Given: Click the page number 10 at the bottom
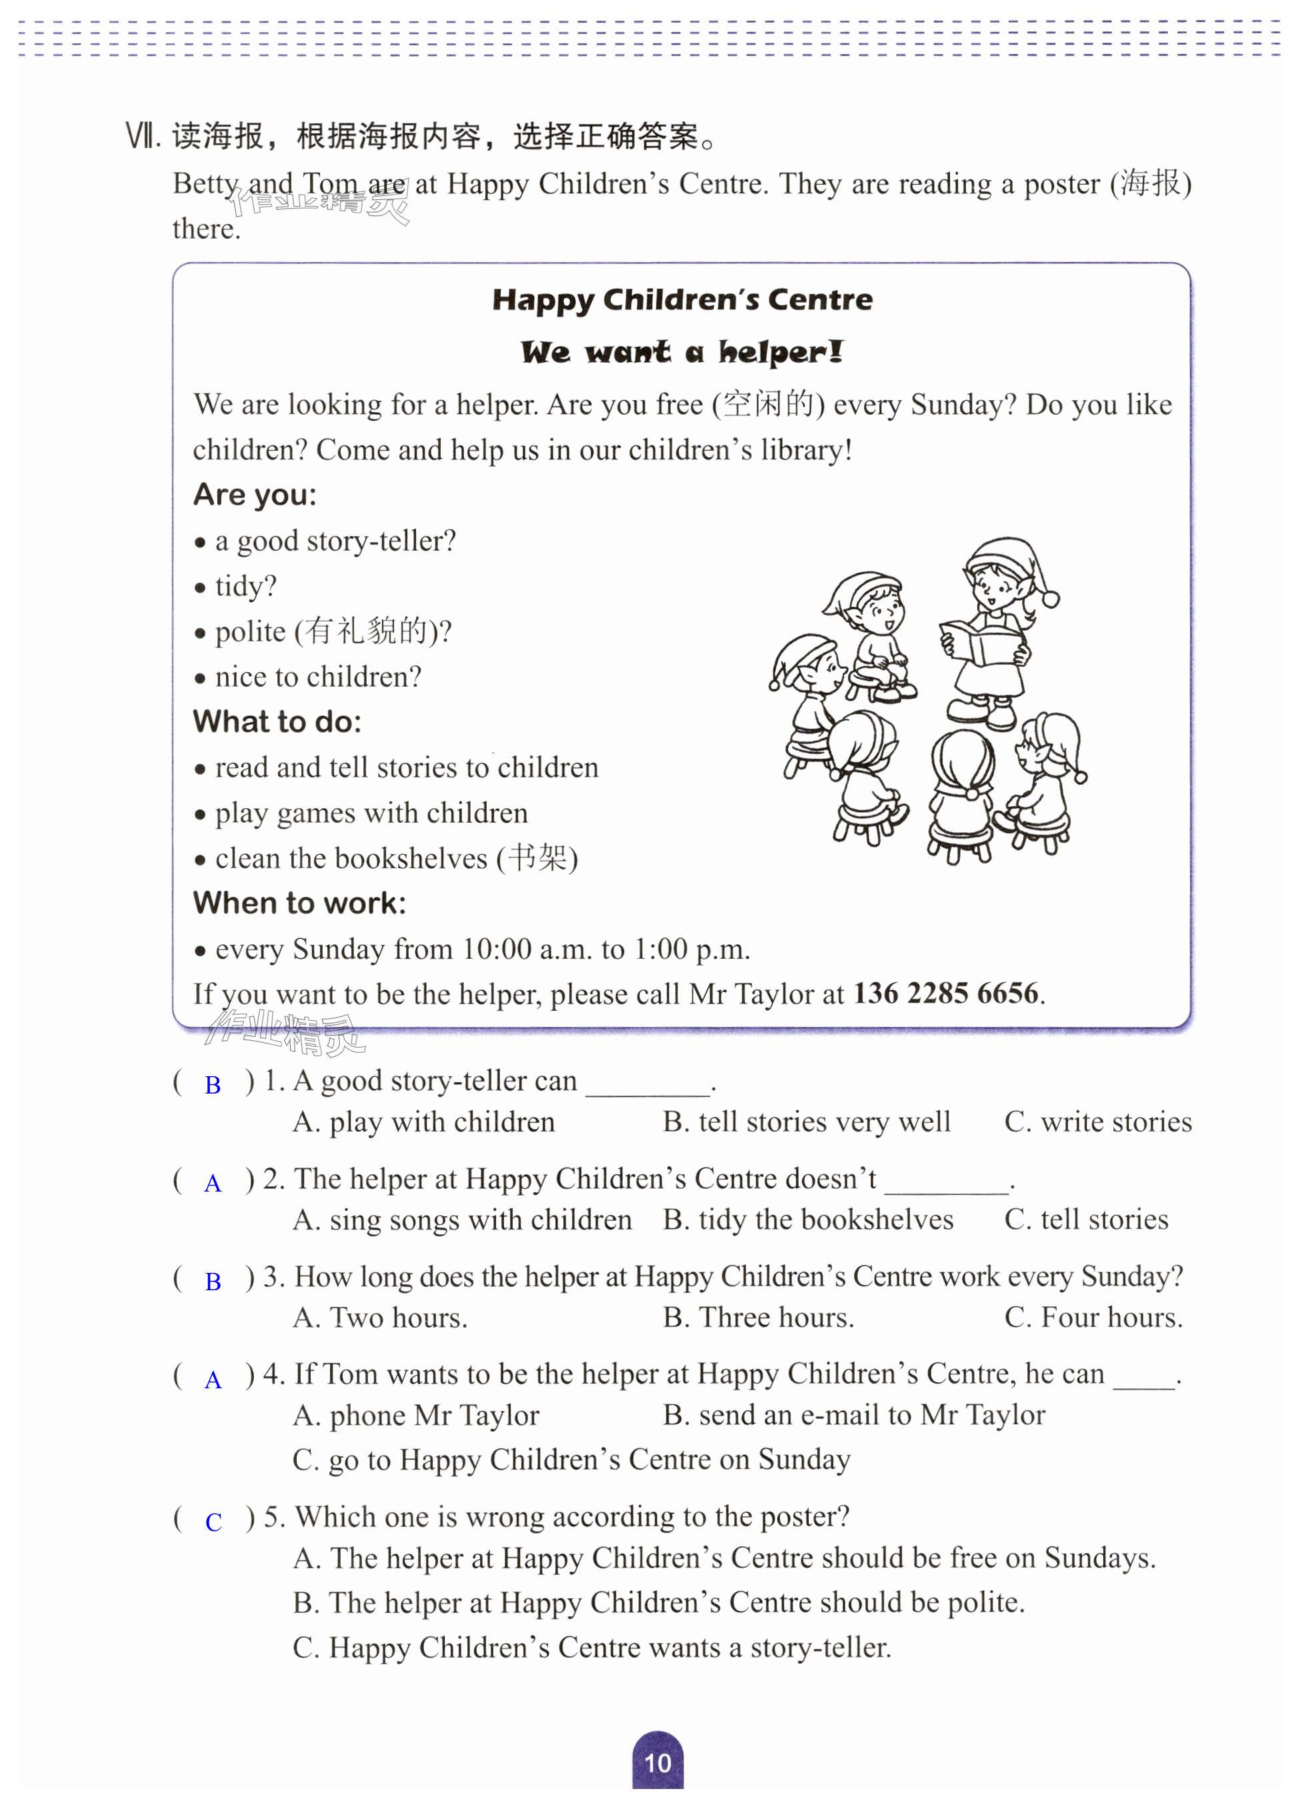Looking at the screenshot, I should (x=657, y=1762).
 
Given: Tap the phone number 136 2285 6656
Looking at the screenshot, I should (x=945, y=994).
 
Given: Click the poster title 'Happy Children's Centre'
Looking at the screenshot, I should (x=682, y=299).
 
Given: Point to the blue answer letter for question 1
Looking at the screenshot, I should (x=213, y=1085).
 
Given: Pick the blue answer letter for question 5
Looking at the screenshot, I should (x=213, y=1522).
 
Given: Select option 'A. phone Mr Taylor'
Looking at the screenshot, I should (x=416, y=1416).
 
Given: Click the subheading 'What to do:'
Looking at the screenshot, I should (x=277, y=722).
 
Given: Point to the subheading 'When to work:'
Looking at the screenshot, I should (x=299, y=903).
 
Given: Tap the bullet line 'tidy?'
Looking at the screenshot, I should (x=245, y=586).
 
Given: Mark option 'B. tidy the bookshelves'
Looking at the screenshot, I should (x=808, y=1220).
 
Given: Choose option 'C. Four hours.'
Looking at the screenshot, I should (x=1093, y=1318).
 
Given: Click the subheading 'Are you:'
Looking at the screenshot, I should (x=255, y=495).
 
